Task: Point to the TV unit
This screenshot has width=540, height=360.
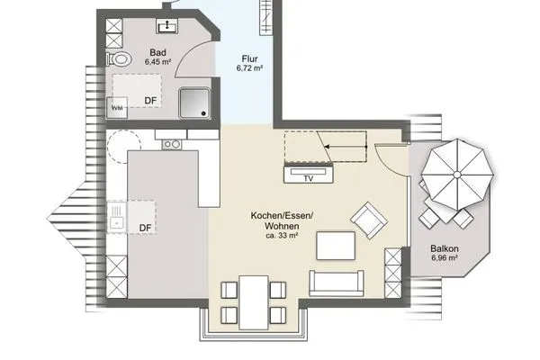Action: pos(308,175)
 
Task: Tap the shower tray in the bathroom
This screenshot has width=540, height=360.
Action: pos(198,103)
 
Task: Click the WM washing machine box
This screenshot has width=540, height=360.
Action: pos(118,107)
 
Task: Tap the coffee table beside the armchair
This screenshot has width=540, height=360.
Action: pos(335,245)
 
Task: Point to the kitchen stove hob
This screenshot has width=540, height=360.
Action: pos(171,143)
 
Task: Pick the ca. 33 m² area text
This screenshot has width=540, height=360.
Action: pos(284,237)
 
